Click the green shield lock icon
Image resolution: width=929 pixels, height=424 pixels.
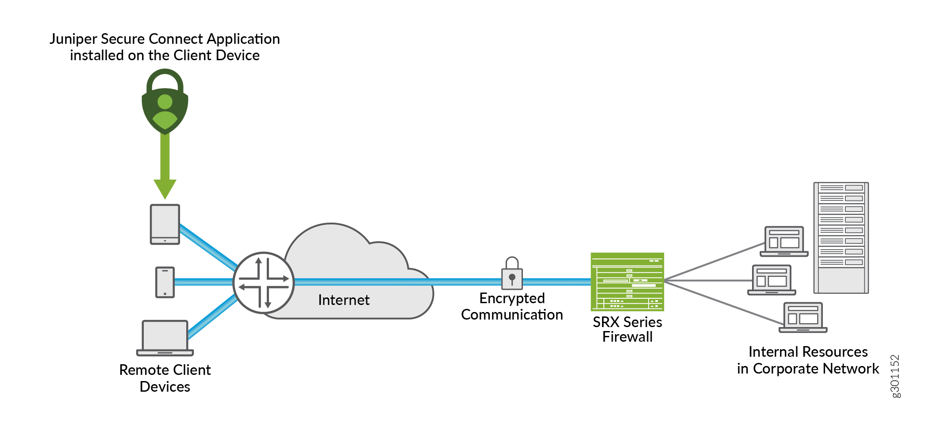(165, 103)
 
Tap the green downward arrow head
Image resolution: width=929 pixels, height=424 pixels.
(165, 189)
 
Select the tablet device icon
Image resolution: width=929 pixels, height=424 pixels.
(165, 224)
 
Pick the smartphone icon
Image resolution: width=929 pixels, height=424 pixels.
(165, 282)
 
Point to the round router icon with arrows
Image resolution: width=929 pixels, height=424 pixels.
(264, 282)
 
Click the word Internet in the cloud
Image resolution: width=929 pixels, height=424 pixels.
(344, 300)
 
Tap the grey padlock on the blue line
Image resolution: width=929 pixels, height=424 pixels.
(512, 274)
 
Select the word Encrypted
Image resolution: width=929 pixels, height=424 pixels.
(512, 298)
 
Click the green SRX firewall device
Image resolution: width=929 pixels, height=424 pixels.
(627, 282)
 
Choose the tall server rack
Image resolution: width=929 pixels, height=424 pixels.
(841, 238)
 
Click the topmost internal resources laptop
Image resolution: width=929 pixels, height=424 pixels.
(784, 242)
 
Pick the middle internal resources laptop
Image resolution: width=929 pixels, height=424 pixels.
(772, 280)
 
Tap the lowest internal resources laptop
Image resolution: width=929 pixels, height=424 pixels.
(803, 318)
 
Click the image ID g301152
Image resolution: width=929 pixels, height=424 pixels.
(895, 376)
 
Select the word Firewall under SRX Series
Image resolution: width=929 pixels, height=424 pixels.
(627, 337)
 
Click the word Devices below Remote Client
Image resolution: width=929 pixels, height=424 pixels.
(165, 387)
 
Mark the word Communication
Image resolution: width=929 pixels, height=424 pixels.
(512, 315)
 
